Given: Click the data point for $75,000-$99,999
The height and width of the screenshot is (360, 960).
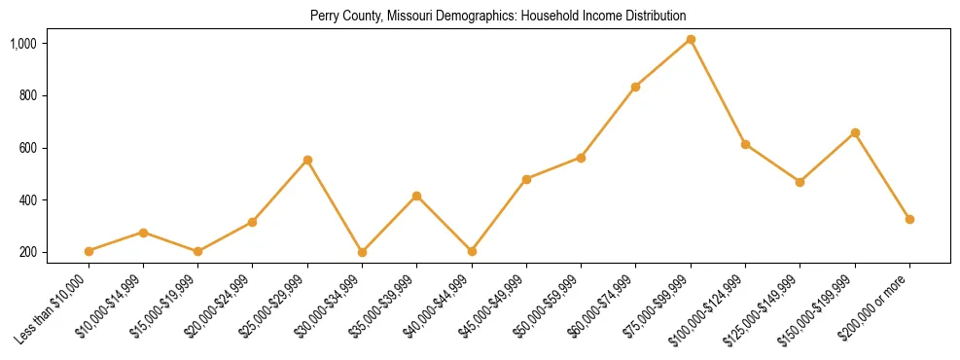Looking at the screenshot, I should coord(691,39).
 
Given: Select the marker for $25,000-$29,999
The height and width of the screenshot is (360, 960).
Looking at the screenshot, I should coord(307,160).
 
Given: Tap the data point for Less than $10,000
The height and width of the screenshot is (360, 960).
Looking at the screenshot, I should coord(89,251).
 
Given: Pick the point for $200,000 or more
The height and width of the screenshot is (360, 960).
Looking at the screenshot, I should coord(909,219).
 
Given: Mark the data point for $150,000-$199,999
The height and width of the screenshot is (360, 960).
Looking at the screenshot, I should coord(855,132).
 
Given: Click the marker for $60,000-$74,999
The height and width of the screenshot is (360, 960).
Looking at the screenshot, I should coord(635,87).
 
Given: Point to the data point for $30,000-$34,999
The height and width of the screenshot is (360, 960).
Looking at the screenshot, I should coord(362,252).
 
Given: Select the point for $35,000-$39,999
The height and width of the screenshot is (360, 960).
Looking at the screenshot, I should coord(416,196).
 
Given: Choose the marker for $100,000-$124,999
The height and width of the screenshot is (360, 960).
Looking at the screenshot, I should coord(745,144).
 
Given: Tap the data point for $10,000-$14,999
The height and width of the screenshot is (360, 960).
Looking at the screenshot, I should coord(143,233).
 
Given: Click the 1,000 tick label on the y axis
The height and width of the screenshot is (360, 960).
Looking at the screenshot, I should coord(23,44).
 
